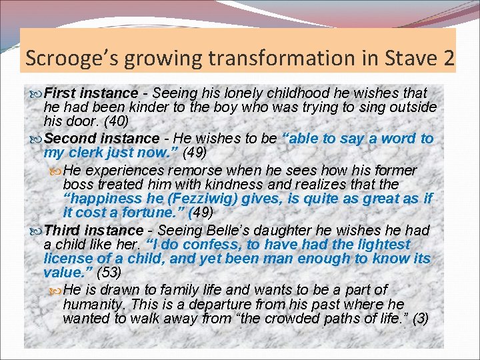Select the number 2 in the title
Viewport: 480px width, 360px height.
pos(447,58)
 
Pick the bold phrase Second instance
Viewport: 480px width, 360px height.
pos(92,139)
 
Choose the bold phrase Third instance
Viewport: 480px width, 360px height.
pos(84,230)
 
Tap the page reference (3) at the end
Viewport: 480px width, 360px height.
pos(420,318)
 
